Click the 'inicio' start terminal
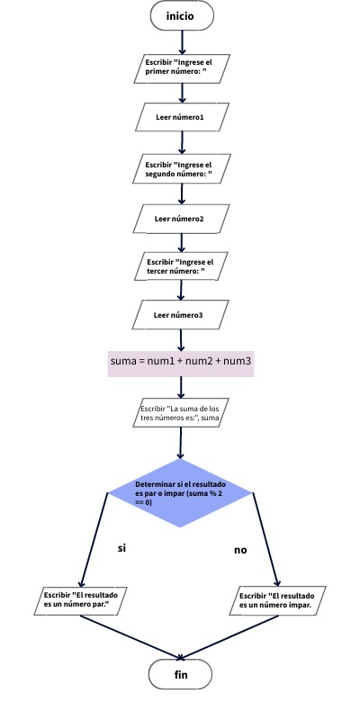(x=182, y=16)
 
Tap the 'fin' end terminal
(x=180, y=673)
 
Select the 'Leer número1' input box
(x=181, y=118)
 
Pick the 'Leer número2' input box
(x=180, y=219)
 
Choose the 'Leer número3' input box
(x=180, y=315)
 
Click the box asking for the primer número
(x=183, y=67)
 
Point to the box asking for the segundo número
(x=182, y=168)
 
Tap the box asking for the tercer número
(x=181, y=266)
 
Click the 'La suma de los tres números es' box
(x=180, y=413)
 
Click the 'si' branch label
(x=122, y=547)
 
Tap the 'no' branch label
(x=240, y=549)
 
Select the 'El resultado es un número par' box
(x=82, y=599)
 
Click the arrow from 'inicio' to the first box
(x=182, y=41)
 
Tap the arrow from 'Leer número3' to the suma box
(x=181, y=339)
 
